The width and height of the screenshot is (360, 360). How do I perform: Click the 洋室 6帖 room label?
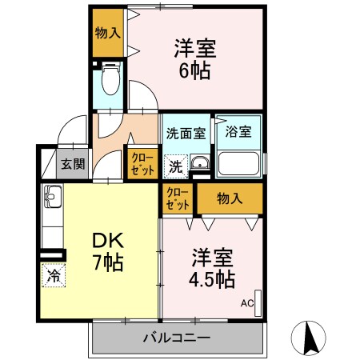(195, 58)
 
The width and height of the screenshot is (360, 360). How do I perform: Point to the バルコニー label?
(177, 337)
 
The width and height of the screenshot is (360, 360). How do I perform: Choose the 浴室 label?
(238, 132)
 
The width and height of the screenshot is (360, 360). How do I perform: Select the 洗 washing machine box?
(175, 167)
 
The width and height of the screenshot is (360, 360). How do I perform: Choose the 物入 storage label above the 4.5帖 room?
(230, 198)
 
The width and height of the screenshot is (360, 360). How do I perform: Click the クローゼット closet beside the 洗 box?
(142, 163)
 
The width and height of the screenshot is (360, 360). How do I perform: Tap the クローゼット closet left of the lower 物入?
(178, 198)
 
